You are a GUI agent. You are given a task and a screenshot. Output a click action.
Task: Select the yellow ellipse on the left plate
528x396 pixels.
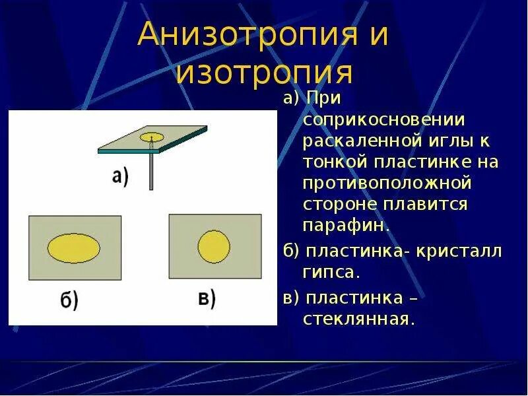tap(74, 247)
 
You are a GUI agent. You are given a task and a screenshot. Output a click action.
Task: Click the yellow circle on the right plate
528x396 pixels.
tap(214, 246)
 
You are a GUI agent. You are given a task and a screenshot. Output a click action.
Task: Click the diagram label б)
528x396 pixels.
tap(69, 301)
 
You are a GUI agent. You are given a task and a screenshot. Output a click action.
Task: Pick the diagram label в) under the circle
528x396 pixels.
tap(207, 298)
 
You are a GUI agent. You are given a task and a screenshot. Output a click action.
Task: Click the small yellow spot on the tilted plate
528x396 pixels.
tap(152, 137)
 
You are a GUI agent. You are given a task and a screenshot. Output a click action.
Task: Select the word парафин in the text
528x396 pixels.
tap(346, 225)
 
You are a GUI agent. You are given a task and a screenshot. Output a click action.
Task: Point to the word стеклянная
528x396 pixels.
tap(359, 319)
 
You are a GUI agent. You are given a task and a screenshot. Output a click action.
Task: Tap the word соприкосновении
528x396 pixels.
tap(384, 120)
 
